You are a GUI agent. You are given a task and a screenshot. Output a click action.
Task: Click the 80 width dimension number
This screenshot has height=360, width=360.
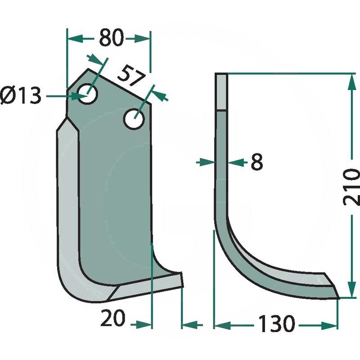[x=112, y=37]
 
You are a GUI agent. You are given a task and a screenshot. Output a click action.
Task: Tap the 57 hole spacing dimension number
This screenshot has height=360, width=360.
[x=132, y=76]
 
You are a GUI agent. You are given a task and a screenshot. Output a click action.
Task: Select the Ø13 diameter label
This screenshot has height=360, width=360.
[x=21, y=95]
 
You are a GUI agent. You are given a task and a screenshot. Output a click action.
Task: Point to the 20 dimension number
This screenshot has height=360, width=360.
[x=113, y=318]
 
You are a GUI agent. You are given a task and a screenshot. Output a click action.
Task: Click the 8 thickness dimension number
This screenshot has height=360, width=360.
[x=256, y=162]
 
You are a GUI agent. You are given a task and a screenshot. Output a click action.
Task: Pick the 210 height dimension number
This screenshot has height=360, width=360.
[x=351, y=187]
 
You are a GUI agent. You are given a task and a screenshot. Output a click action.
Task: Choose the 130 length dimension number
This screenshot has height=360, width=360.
[x=276, y=324]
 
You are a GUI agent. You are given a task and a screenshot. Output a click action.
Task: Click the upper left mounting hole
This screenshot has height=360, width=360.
[x=87, y=94]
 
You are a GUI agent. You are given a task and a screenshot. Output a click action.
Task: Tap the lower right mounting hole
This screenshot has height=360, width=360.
[x=134, y=119]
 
